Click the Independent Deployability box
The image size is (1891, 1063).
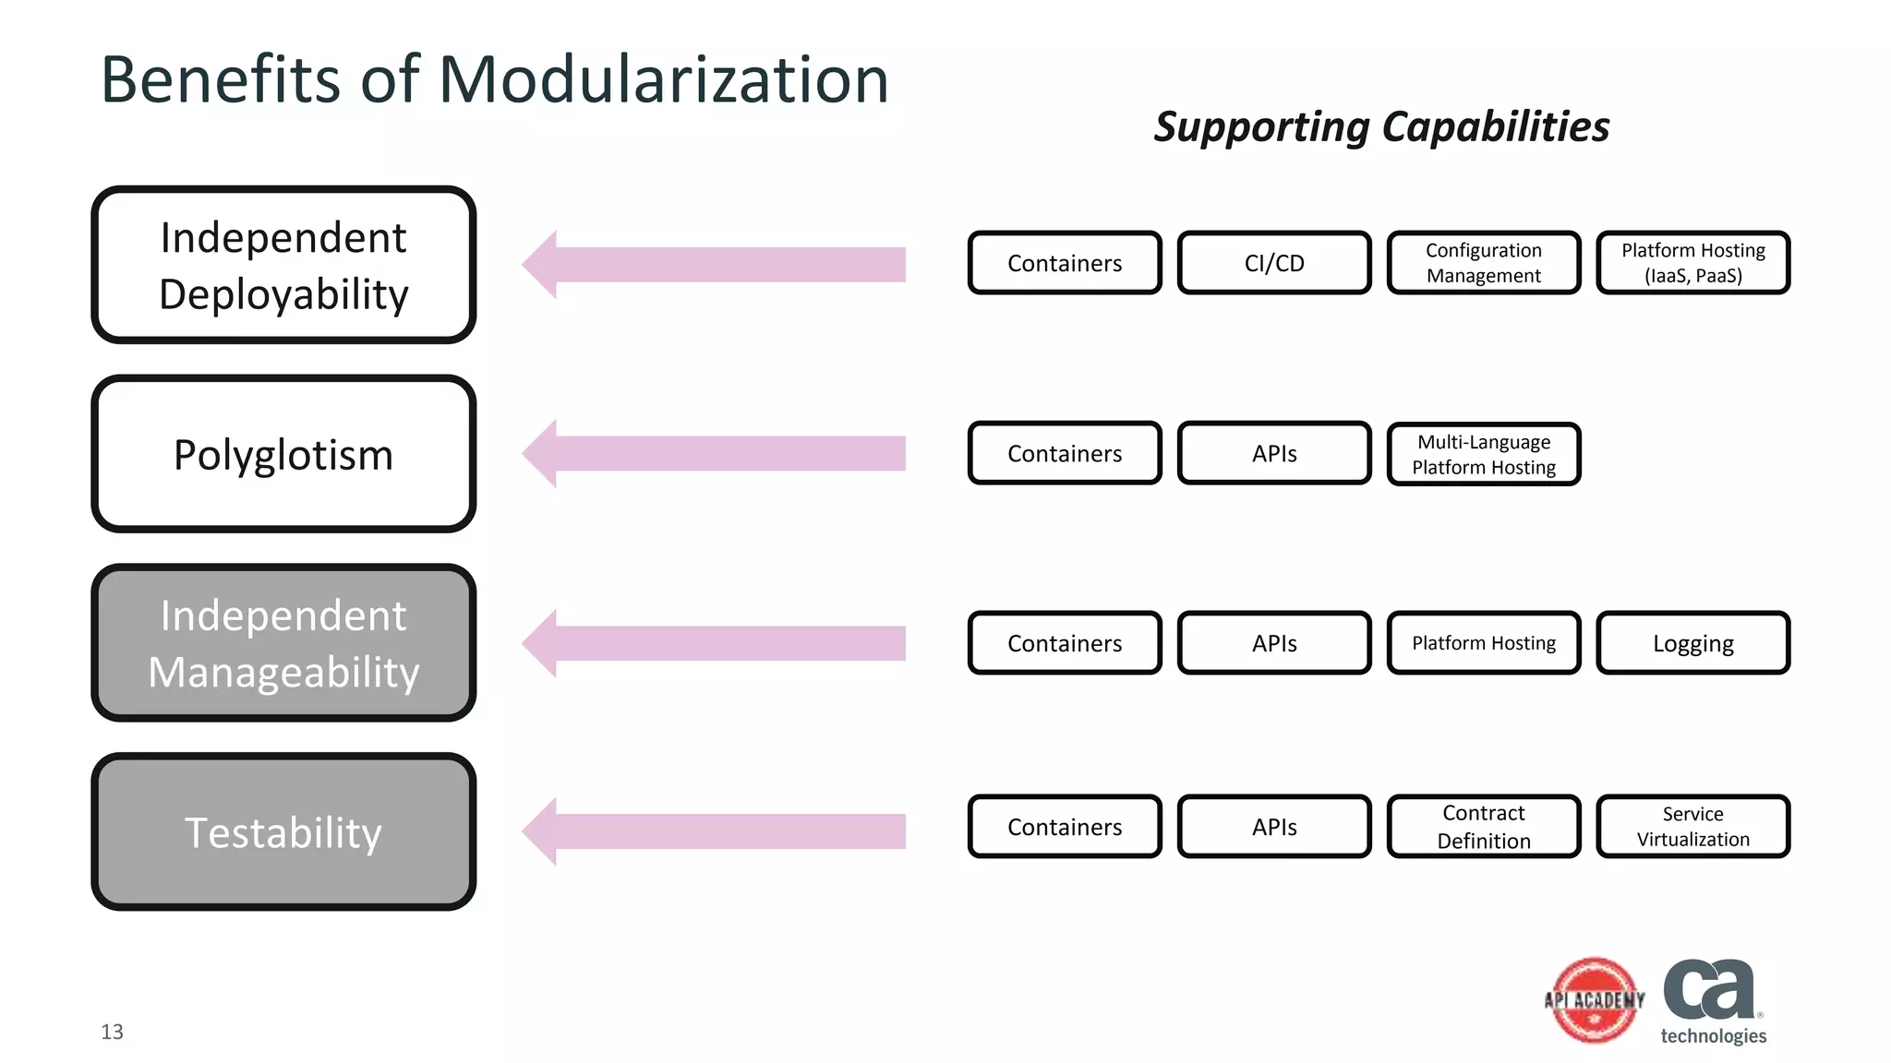click(x=283, y=265)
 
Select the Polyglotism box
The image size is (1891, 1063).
click(x=283, y=454)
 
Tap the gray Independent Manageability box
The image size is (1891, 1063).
click(x=283, y=643)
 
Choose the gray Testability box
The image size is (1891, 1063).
click(x=283, y=832)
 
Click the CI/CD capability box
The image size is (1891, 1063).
click(x=1274, y=263)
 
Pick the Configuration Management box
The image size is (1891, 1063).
click(x=1484, y=263)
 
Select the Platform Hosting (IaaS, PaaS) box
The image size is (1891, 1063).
click(x=1692, y=263)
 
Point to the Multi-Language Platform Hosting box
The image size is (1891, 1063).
click(x=1484, y=454)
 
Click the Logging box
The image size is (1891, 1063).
click(x=1692, y=643)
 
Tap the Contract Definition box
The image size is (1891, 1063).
click(x=1484, y=827)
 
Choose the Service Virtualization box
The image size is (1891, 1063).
click(x=1692, y=827)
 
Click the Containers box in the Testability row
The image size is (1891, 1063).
click(x=1065, y=827)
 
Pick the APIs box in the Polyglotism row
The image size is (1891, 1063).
click(x=1274, y=454)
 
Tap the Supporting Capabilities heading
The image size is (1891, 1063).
click(x=1381, y=126)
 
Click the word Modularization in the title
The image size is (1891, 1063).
click(x=663, y=79)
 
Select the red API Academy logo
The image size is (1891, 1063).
click(x=1595, y=1000)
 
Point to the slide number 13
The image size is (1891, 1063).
click(x=112, y=1032)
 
